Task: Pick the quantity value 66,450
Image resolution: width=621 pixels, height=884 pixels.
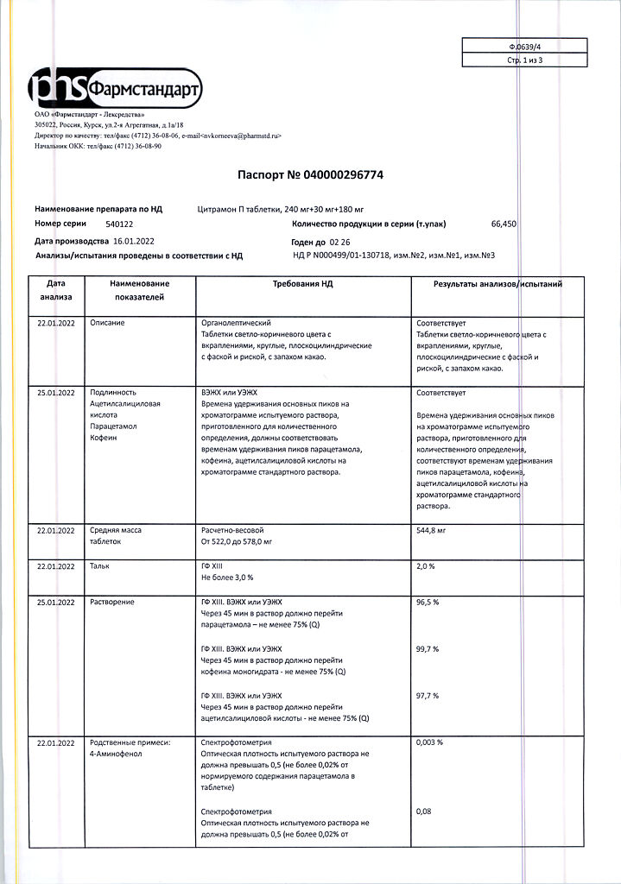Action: (504, 224)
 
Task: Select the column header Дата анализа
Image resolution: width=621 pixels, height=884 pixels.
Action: (56, 290)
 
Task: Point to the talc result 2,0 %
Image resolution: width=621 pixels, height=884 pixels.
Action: (425, 565)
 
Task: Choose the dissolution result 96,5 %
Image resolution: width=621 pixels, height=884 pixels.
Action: (428, 602)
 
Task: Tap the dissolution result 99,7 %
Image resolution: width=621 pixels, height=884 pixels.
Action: (428, 648)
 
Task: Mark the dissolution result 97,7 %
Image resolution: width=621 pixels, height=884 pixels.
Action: (428, 695)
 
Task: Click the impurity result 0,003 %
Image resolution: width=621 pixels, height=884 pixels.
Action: (429, 742)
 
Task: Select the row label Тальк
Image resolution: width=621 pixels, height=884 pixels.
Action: (100, 565)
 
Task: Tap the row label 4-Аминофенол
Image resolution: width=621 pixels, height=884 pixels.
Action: (116, 754)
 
